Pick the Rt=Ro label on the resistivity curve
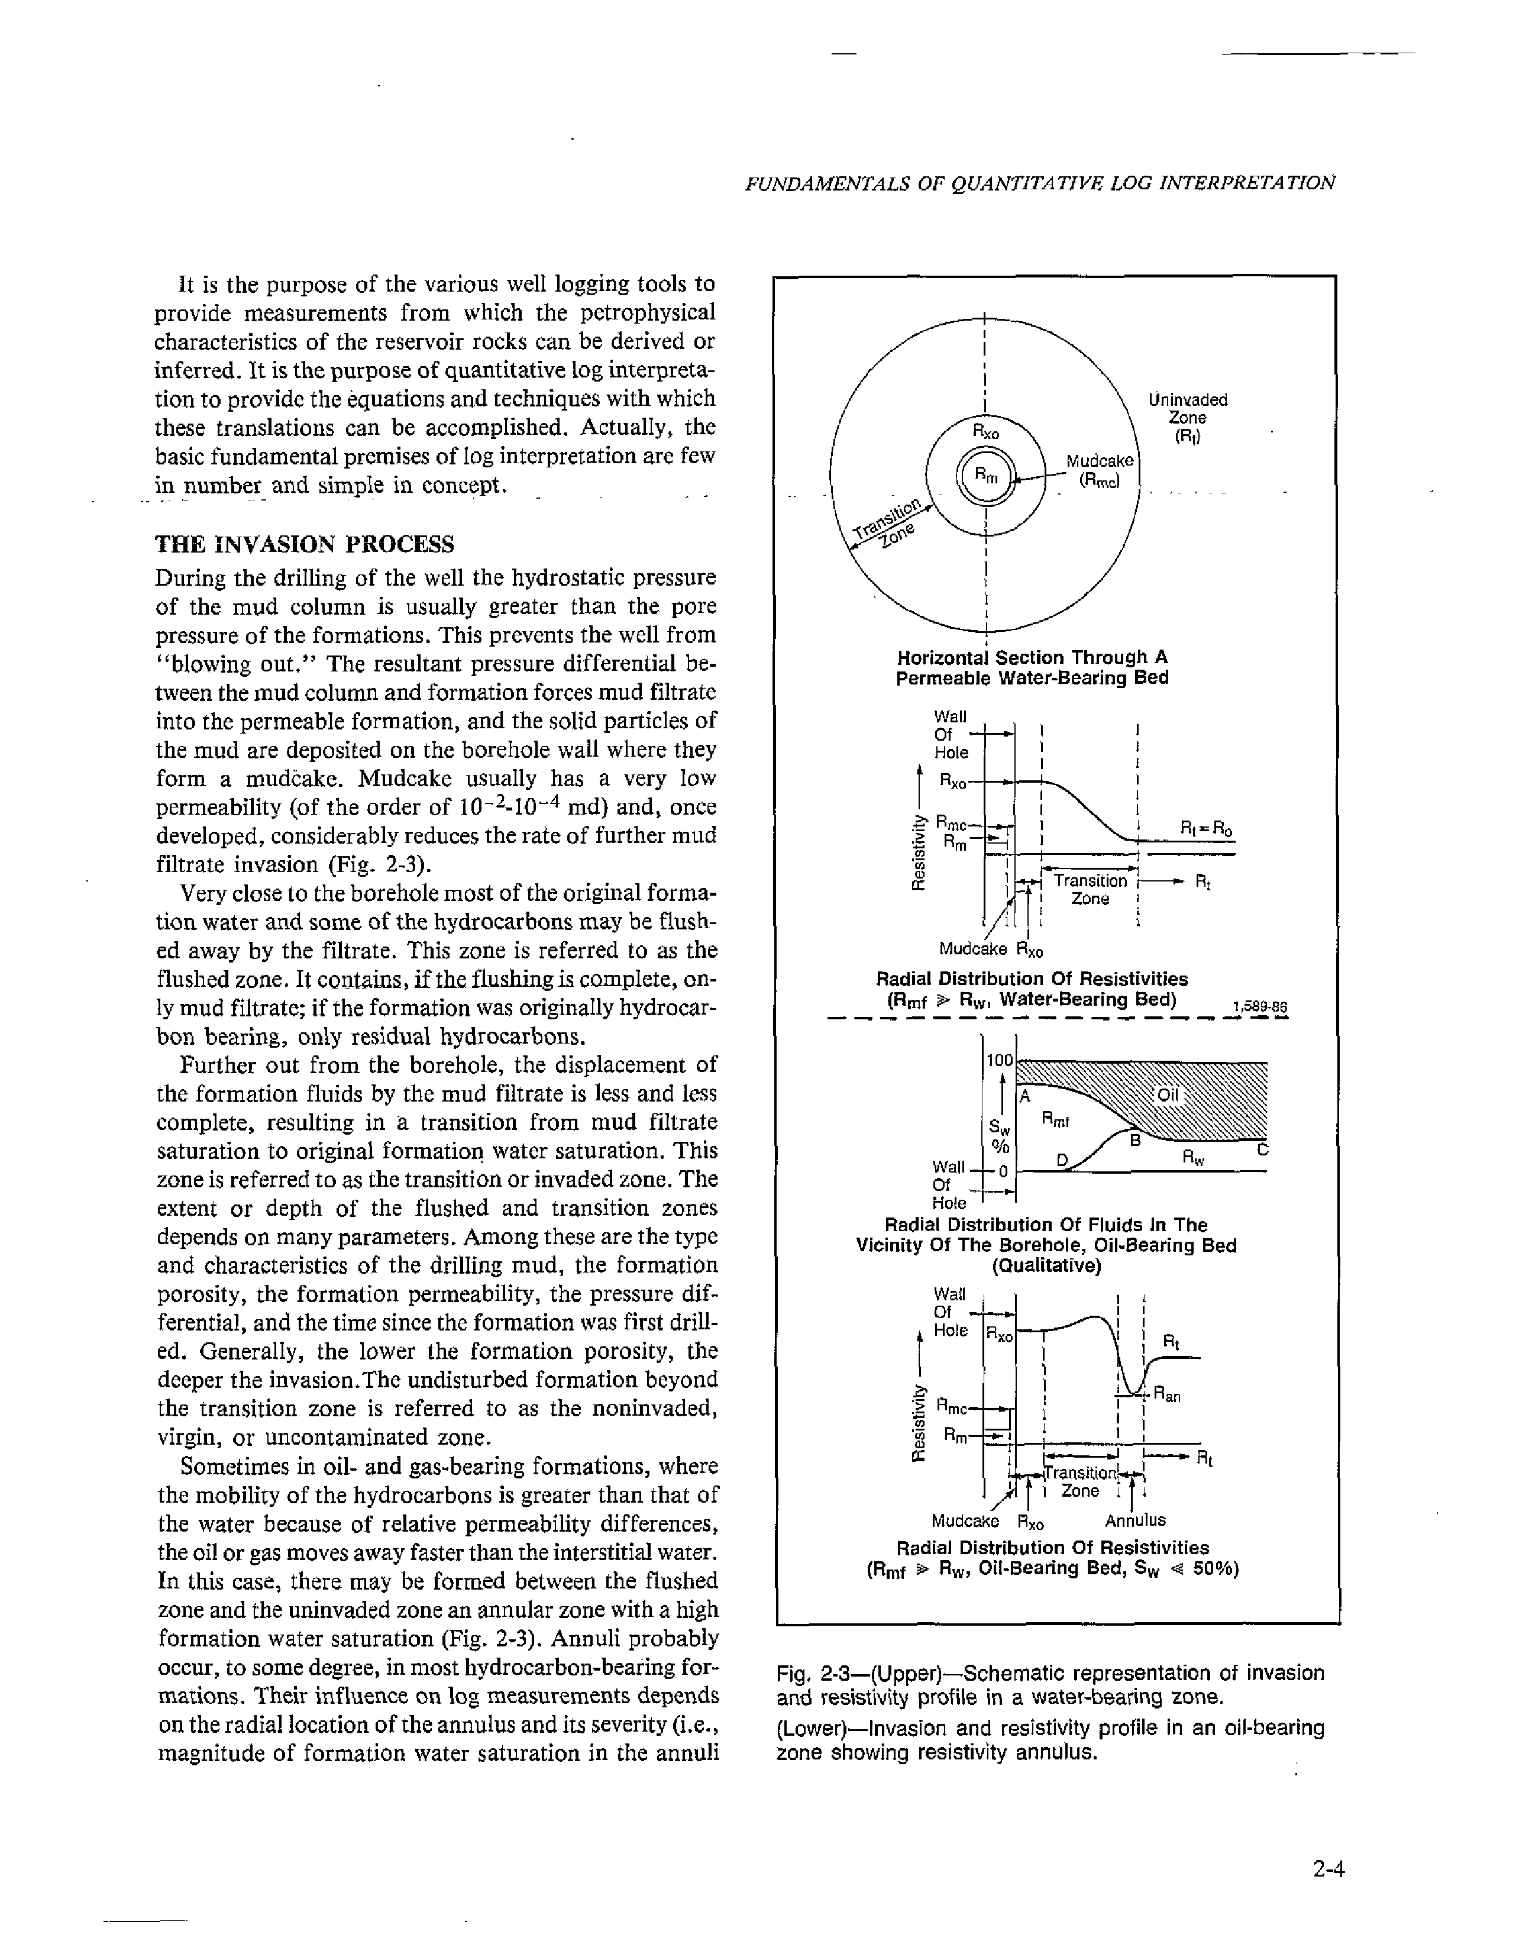point(1206,831)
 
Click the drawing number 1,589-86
point(1260,1006)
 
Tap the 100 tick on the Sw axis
point(998,1060)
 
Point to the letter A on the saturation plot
point(1025,1096)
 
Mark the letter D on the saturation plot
point(1062,1160)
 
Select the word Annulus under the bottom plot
point(1135,1520)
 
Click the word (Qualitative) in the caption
point(1046,1265)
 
